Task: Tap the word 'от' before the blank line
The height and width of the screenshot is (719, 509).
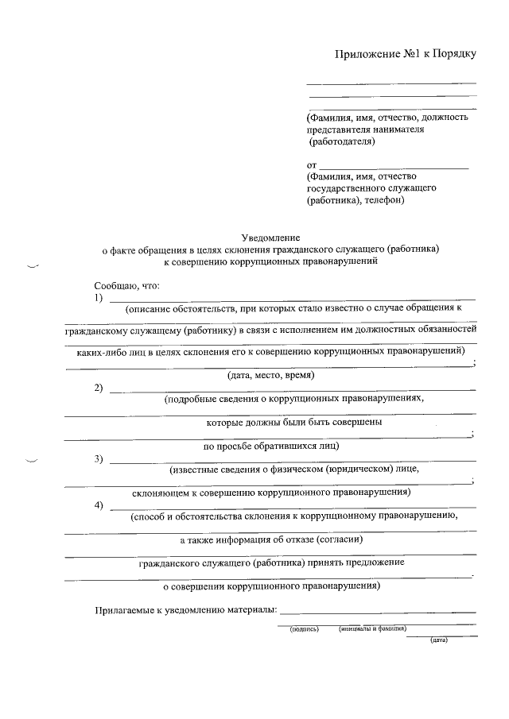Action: click(x=312, y=164)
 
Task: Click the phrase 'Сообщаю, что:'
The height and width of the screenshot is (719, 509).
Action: click(x=127, y=284)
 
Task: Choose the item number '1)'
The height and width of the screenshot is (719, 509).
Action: click(x=99, y=297)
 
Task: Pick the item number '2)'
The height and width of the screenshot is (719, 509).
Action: click(x=99, y=388)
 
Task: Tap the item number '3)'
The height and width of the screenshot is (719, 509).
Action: click(x=99, y=458)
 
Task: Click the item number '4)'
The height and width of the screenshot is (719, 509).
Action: click(x=99, y=505)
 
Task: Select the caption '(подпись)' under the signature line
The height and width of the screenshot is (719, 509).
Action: click(x=305, y=628)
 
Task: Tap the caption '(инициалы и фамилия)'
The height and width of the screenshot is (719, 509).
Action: click(x=372, y=628)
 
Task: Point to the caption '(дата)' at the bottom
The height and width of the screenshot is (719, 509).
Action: click(x=439, y=640)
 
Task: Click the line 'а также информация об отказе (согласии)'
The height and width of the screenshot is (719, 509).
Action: click(x=271, y=539)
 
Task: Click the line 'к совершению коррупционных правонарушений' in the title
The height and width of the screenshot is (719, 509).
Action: click(x=270, y=260)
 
